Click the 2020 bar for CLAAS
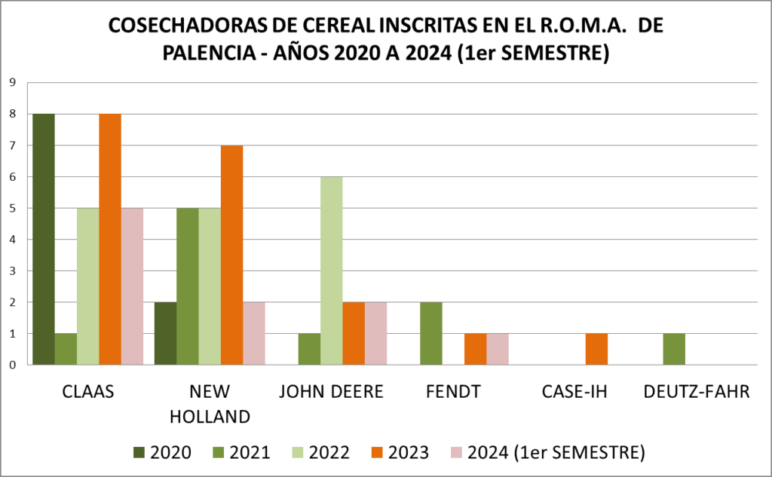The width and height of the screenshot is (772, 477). tap(43, 239)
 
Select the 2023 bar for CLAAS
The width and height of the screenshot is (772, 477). tap(110, 239)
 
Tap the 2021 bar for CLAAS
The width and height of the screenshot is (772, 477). tap(66, 349)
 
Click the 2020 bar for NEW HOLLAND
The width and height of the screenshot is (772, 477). tap(165, 333)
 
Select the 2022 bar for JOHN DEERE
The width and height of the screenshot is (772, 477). tap(332, 271)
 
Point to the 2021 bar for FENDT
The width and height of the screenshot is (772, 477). tap(431, 333)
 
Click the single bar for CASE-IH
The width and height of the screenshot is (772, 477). tap(596, 349)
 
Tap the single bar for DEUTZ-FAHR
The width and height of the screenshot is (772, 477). tap(674, 349)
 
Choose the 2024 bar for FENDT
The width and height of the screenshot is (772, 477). tap(498, 349)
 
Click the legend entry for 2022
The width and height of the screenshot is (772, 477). tap(322, 452)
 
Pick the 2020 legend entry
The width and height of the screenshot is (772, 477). tap(162, 452)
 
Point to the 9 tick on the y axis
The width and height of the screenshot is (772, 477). tap(13, 83)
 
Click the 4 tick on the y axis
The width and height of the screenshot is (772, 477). tap(13, 240)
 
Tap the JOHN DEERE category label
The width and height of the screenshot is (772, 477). tap(332, 392)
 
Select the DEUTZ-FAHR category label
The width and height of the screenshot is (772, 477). tap(697, 392)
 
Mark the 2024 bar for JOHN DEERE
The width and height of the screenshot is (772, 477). tap(375, 333)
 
